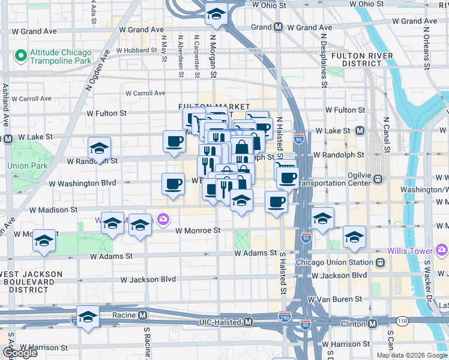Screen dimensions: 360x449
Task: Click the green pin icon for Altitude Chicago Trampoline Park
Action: [20, 56]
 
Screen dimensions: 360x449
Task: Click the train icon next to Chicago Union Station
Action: [380, 262]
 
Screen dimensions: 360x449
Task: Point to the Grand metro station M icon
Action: [278, 28]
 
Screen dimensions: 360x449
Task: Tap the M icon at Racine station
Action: [143, 315]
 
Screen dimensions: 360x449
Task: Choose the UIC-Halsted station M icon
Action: [248, 323]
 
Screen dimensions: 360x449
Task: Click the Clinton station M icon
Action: [373, 323]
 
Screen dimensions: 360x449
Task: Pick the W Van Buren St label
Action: [336, 298]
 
